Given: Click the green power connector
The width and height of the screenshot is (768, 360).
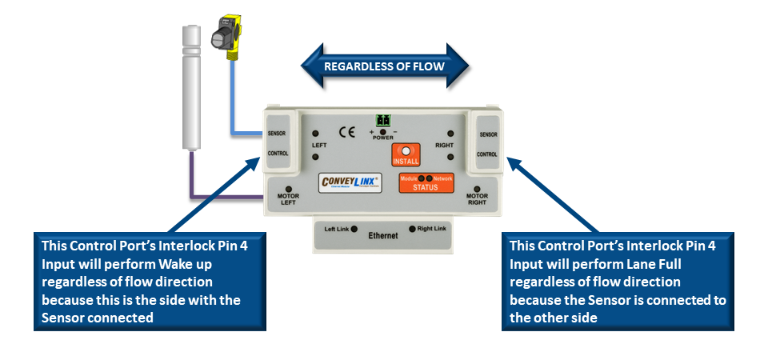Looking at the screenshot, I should coord(383,121).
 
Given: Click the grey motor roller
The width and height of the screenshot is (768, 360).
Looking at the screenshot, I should coord(190,88).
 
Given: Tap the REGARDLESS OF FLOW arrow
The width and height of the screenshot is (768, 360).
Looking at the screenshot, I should coord(383,66).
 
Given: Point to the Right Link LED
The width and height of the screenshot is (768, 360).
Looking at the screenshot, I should coord(413,229).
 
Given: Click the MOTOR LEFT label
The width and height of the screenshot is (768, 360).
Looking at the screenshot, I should coord(287,199).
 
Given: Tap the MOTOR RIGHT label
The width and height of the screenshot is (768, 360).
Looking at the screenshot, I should coord(477,199).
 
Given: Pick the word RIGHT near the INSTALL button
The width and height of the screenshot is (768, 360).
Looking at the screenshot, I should coord(444,146).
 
